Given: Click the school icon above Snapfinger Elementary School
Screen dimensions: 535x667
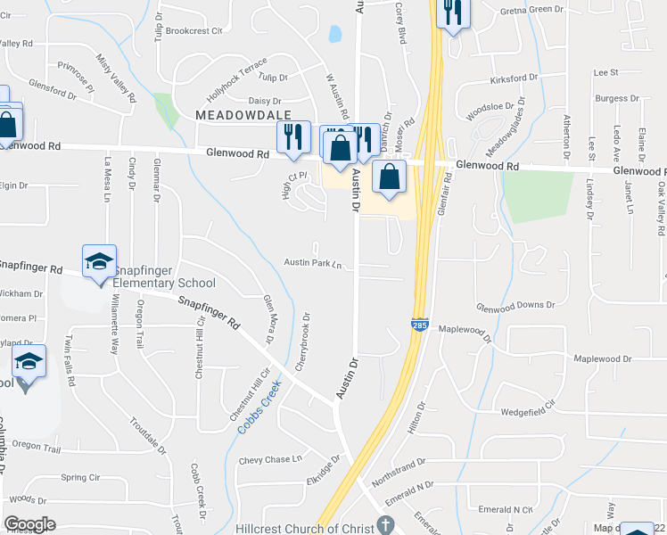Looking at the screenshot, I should (x=99, y=261).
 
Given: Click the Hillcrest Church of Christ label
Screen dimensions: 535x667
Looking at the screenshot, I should (x=304, y=528).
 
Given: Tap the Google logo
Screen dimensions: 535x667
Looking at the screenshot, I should (x=29, y=524).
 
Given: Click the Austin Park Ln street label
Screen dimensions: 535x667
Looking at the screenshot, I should (x=313, y=263).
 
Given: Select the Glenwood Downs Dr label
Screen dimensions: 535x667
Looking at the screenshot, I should (x=515, y=305).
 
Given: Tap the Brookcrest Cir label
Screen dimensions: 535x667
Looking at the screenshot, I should (x=194, y=30).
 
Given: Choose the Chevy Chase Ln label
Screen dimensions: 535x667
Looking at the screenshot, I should (x=271, y=460).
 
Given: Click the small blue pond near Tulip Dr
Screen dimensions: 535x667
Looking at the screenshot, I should (x=334, y=35).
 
